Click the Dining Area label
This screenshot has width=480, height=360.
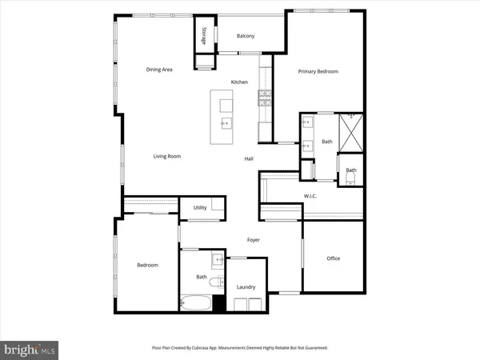point(159,70)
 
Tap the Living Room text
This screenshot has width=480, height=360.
point(167,156)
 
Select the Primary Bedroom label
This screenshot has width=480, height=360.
point(318,71)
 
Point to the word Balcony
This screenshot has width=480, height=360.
point(246,36)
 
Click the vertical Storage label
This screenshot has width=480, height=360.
point(204,35)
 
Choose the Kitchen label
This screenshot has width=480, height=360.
point(239,82)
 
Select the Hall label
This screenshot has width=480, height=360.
point(249,159)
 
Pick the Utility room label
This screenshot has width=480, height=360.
point(200,208)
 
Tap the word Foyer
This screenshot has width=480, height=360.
point(253,240)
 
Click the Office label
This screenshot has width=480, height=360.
point(334,258)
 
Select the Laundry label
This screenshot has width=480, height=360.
point(246,286)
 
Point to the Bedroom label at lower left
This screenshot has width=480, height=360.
point(147,265)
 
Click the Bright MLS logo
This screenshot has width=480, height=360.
point(30,349)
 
